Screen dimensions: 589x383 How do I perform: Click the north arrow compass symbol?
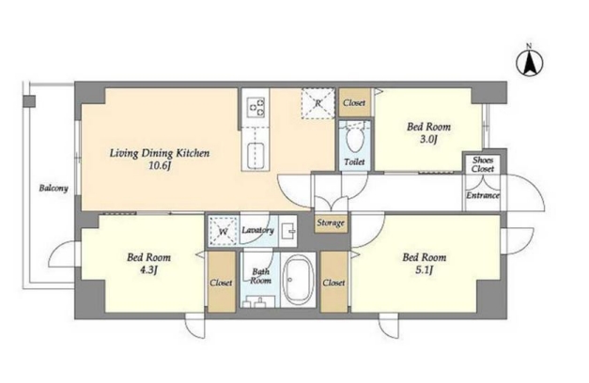pyautogui.click(x=529, y=62)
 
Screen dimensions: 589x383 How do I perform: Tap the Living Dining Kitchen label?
pyautogui.click(x=160, y=153)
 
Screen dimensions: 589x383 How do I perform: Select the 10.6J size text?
pyautogui.click(x=160, y=165)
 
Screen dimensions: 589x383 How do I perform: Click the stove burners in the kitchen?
pyautogui.click(x=256, y=107)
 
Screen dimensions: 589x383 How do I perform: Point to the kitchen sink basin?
pyautogui.click(x=256, y=156)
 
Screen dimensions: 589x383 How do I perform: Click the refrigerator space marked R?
pyautogui.click(x=318, y=103)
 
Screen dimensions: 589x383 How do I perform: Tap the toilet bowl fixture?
pyautogui.click(x=354, y=139)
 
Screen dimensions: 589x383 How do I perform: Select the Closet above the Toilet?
pyautogui.click(x=354, y=102)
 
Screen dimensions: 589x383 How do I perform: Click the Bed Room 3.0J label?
pyautogui.click(x=428, y=132)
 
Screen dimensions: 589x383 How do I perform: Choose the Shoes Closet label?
pyautogui.click(x=483, y=164)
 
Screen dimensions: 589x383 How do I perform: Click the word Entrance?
pyautogui.click(x=483, y=195)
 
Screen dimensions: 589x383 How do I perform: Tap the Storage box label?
pyautogui.click(x=331, y=222)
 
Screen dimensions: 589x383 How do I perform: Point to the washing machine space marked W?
pyautogui.click(x=224, y=231)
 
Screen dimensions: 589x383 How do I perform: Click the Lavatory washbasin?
pyautogui.click(x=288, y=231)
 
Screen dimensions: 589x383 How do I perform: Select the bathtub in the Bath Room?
pyautogui.click(x=298, y=280)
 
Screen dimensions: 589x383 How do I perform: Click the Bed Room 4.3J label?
pyautogui.click(x=148, y=263)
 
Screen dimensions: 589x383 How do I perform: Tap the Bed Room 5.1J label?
pyautogui.click(x=425, y=263)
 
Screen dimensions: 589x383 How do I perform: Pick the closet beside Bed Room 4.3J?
pyautogui.click(x=222, y=282)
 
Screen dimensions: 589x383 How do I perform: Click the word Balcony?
pyautogui.click(x=54, y=188)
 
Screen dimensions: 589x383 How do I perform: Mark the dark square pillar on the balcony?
pyautogui.click(x=29, y=101)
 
